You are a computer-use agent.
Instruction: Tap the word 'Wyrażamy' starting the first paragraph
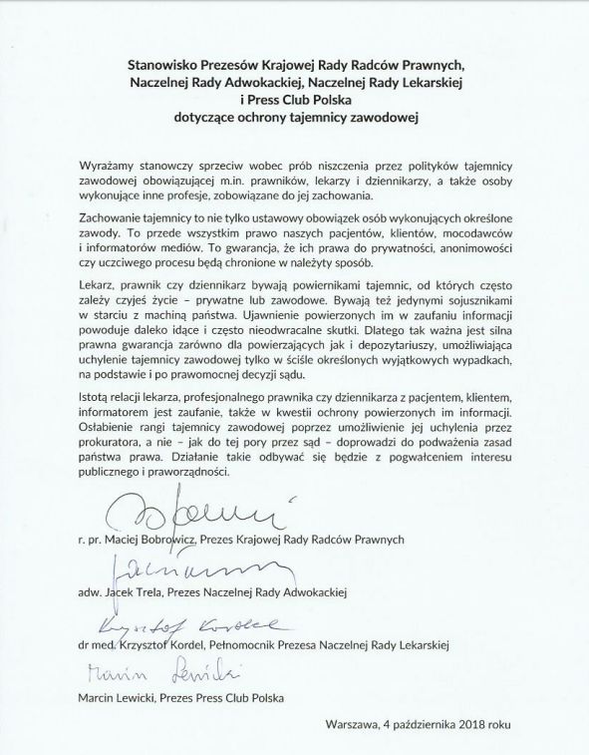tap(109, 163)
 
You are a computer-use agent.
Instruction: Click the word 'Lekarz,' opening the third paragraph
tap(99, 284)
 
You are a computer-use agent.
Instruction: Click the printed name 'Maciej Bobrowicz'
tap(154, 539)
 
